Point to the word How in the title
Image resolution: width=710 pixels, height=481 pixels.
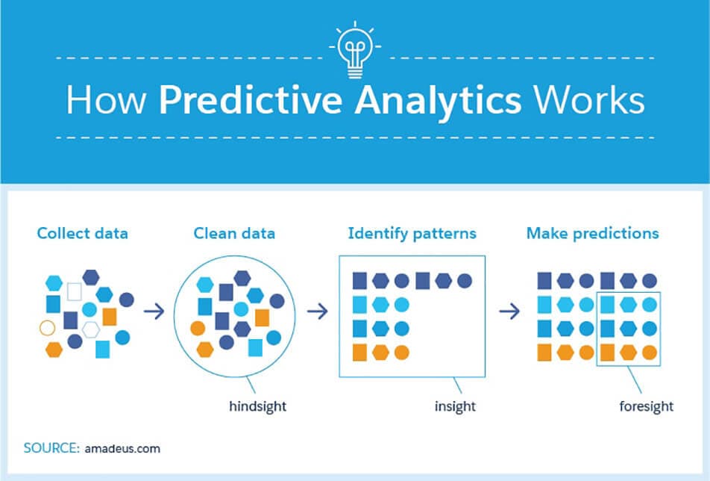click(x=107, y=99)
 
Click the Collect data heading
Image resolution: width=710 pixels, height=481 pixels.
click(x=82, y=233)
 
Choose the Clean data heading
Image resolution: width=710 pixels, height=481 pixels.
click(x=234, y=233)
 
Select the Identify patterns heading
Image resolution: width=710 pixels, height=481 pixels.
click(x=412, y=233)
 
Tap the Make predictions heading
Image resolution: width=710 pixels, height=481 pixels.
click(x=592, y=233)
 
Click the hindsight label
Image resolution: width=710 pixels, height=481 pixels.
click(x=257, y=406)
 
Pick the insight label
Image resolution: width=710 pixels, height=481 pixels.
click(x=455, y=406)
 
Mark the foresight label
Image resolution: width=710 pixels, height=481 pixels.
click(x=646, y=406)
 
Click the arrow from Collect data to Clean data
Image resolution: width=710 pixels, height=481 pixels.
click(x=154, y=311)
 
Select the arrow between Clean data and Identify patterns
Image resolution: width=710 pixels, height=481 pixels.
click(x=318, y=311)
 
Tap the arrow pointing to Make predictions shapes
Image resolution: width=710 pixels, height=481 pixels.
click(x=509, y=311)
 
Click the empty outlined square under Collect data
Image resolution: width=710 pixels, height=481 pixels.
click(x=75, y=291)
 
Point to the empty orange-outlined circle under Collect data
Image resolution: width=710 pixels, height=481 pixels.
click(x=47, y=327)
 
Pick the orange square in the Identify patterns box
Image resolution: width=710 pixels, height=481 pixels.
click(x=359, y=352)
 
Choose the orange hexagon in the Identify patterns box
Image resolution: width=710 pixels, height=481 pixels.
click(x=380, y=352)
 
